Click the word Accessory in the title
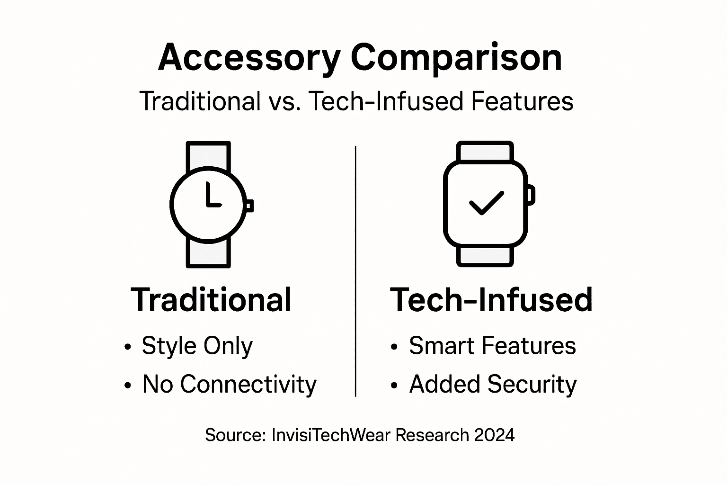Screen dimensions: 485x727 click(x=249, y=58)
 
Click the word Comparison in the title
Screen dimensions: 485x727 click(x=456, y=58)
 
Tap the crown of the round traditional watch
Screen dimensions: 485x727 click(x=249, y=205)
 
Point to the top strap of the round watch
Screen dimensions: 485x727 click(x=208, y=155)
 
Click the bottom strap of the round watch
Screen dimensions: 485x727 click(x=208, y=253)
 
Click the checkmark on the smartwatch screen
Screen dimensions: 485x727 click(x=486, y=203)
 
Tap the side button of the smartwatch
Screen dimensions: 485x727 click(x=531, y=195)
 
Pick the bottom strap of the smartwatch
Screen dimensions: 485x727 click(x=485, y=256)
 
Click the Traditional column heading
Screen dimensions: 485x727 click(x=211, y=300)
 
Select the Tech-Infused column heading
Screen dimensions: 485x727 click(x=491, y=300)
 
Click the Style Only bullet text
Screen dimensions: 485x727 click(x=197, y=346)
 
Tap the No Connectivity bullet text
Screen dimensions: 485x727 click(x=229, y=384)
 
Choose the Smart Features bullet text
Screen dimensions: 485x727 click(x=492, y=346)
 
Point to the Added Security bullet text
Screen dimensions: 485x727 click(x=493, y=384)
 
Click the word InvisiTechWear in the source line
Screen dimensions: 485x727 click(x=332, y=434)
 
